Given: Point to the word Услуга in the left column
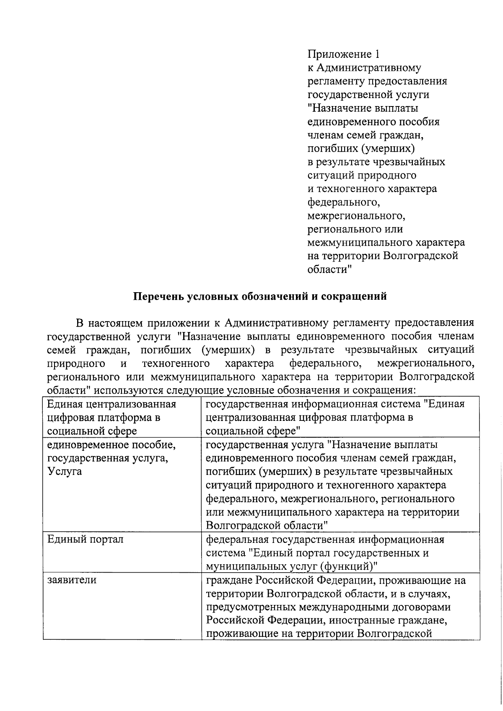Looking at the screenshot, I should [x=65, y=471].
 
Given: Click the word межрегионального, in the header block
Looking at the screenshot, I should [x=356, y=216].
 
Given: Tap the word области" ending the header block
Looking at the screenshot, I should [x=329, y=270].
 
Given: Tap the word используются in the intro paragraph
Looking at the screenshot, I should [x=124, y=389].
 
